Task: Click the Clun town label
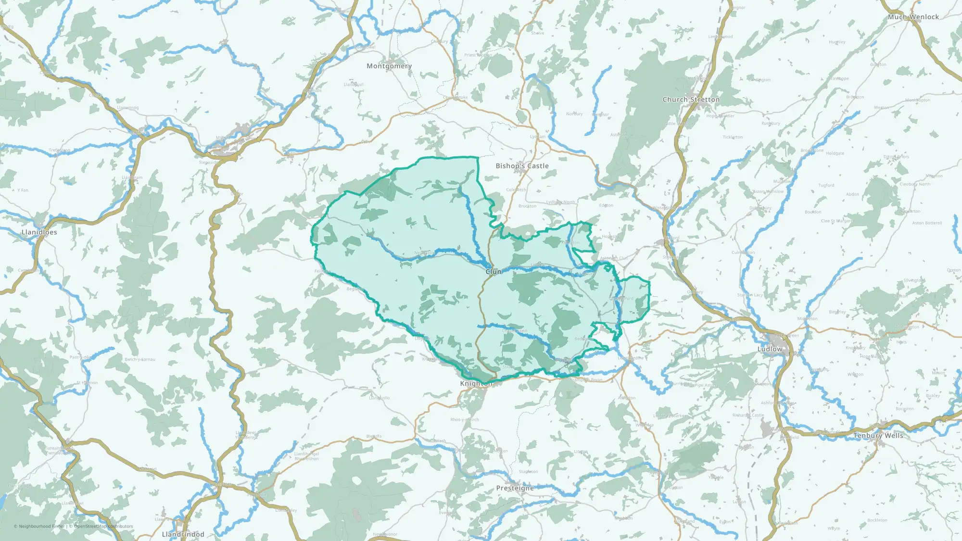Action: click(x=494, y=272)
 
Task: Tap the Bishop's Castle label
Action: click(x=522, y=166)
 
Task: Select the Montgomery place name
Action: click(x=389, y=66)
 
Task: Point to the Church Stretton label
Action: click(x=691, y=100)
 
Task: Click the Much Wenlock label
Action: click(x=913, y=17)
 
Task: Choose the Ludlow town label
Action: click(x=770, y=349)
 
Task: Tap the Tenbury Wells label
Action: click(x=878, y=436)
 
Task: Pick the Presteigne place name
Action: click(x=515, y=488)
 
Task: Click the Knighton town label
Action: click(x=476, y=383)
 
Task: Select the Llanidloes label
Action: click(x=39, y=232)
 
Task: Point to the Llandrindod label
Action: click(x=183, y=534)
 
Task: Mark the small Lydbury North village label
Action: click(x=560, y=202)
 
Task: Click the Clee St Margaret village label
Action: click(x=837, y=221)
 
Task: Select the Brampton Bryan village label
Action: click(x=586, y=380)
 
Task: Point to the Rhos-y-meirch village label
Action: click(x=464, y=420)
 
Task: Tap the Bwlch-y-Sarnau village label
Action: click(x=140, y=359)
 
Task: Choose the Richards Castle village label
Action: click(x=748, y=415)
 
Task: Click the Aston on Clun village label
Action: click(x=614, y=258)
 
